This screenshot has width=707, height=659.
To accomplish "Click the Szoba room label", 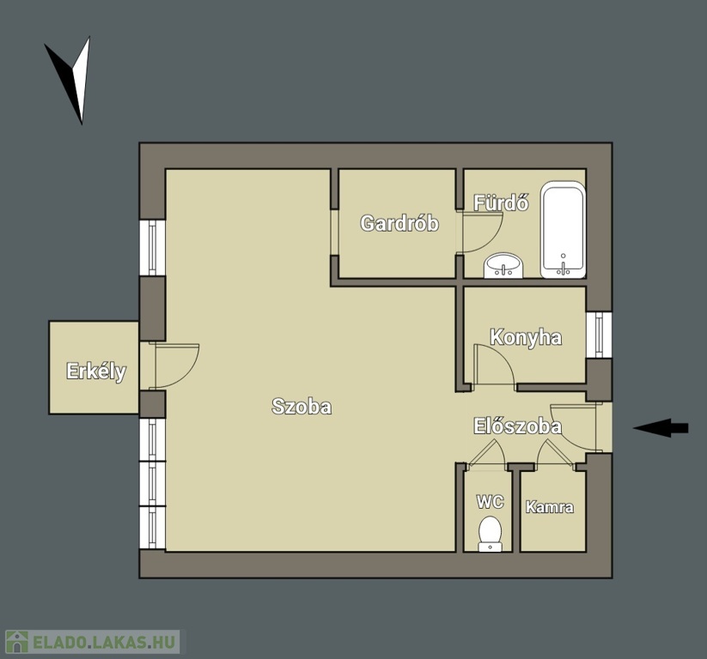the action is (x=302, y=407).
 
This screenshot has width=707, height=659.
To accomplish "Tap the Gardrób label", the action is (x=399, y=223).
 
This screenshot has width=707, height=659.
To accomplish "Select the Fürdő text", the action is (x=501, y=203).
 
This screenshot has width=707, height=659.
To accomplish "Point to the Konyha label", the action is (x=526, y=338).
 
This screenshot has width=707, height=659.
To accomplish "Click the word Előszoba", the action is (x=518, y=426).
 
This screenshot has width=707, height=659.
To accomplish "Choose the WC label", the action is (x=491, y=501).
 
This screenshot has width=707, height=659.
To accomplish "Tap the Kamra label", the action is (x=550, y=507).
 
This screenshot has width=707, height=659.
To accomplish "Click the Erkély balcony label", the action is (x=96, y=372).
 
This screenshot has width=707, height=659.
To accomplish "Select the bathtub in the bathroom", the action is (x=564, y=230).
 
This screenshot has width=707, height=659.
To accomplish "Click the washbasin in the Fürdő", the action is (x=503, y=265).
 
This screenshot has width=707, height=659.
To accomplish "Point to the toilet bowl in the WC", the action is (x=491, y=534).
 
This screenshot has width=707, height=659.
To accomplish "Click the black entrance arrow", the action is (x=661, y=428).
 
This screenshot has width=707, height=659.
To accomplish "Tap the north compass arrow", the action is (x=72, y=80).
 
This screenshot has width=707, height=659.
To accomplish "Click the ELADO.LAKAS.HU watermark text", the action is (x=104, y=642).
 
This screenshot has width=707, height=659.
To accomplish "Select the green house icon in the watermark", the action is (x=16, y=642).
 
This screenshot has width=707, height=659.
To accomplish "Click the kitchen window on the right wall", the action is (x=599, y=335).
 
